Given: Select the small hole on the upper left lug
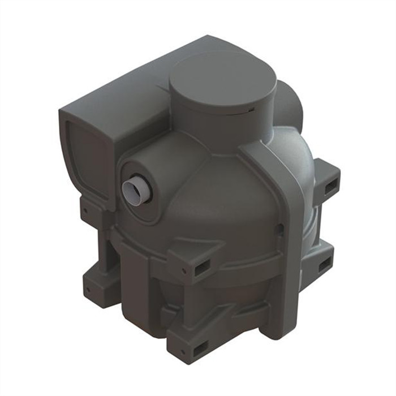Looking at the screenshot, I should point(85,212).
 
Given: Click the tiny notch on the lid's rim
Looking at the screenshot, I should point(248,105).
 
